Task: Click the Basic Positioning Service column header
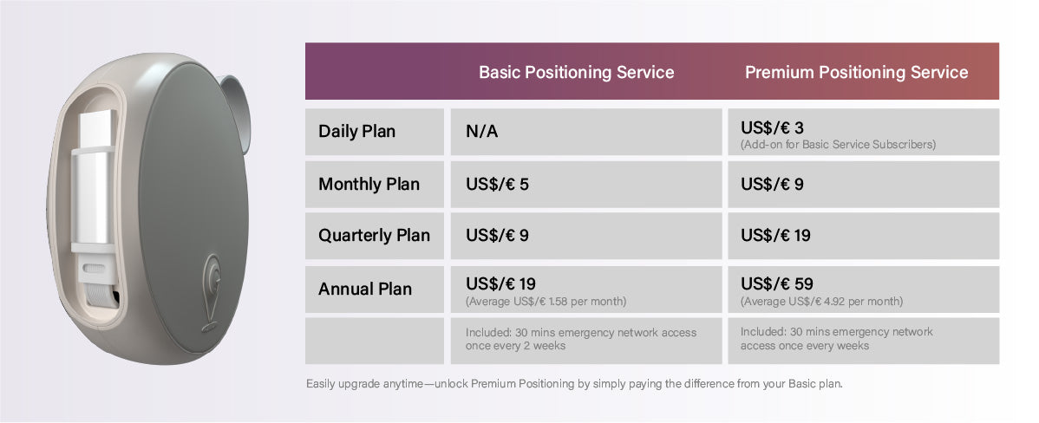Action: (x=577, y=72)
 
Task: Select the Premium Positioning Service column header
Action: (x=856, y=72)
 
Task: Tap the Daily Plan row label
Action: (x=356, y=131)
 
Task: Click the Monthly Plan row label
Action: (x=369, y=184)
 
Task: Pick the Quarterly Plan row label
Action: (x=374, y=236)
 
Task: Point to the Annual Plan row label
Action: (x=365, y=289)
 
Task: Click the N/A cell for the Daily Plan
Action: (x=481, y=132)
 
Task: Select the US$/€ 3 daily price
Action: (x=772, y=127)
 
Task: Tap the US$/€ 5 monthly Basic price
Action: (x=497, y=184)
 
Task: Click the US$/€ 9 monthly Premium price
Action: (x=772, y=184)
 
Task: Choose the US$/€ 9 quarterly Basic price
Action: (x=497, y=236)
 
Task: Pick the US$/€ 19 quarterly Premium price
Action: (x=775, y=236)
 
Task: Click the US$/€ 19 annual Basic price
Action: (x=500, y=284)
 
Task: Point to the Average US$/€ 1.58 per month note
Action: (x=546, y=302)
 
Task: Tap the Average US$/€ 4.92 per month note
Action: (x=821, y=302)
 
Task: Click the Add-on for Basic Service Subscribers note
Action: (x=838, y=144)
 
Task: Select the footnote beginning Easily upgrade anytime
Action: (x=574, y=384)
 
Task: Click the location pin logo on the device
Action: (x=212, y=292)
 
